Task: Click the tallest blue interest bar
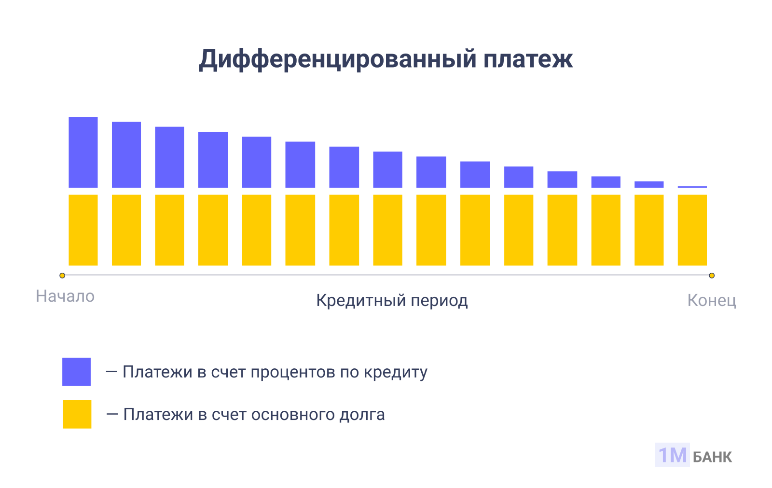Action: click(83, 152)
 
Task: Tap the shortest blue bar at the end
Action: click(692, 187)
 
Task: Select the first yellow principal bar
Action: click(83, 230)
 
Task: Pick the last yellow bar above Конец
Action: click(692, 230)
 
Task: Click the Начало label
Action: click(65, 296)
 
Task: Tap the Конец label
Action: click(711, 301)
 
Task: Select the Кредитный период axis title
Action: click(392, 301)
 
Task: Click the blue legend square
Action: click(76, 372)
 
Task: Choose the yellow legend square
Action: click(77, 414)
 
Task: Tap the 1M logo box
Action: click(672, 455)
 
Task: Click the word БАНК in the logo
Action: click(712, 457)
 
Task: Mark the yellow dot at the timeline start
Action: click(62, 276)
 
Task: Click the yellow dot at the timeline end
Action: click(712, 276)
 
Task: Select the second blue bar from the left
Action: click(126, 154)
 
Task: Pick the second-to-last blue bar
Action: click(649, 184)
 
